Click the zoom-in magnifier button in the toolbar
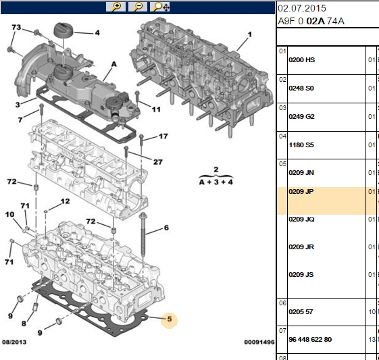pyautogui.click(x=116, y=7)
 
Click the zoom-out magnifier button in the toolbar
pyautogui.click(x=138, y=7)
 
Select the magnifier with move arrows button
pyautogui.click(x=159, y=7)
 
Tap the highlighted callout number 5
pyautogui.click(x=169, y=319)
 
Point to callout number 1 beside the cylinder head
pyautogui.click(x=250, y=34)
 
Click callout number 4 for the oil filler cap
pyautogui.click(x=97, y=32)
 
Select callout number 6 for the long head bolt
pyautogui.click(x=166, y=228)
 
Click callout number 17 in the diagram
pyautogui.click(x=163, y=136)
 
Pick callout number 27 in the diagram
pyautogui.click(x=158, y=161)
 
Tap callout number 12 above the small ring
pyautogui.click(x=65, y=201)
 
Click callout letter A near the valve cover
pyautogui.click(x=114, y=64)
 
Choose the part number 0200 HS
pyautogui.click(x=302, y=60)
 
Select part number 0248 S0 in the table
pyautogui.click(x=301, y=88)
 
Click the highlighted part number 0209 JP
pyautogui.click(x=301, y=192)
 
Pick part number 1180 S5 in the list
pyautogui.click(x=301, y=145)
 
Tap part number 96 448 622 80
pyautogui.click(x=310, y=340)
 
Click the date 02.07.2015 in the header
pyautogui.click(x=302, y=8)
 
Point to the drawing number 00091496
pyautogui.click(x=259, y=342)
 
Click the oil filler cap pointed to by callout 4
pyautogui.click(x=64, y=30)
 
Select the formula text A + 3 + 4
pyautogui.click(x=216, y=182)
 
